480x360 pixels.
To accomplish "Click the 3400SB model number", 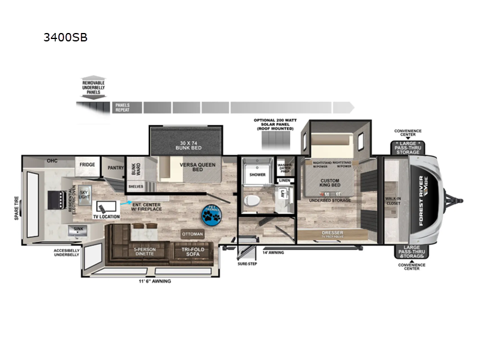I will (x=65, y=37).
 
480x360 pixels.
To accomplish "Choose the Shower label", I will (x=257, y=175).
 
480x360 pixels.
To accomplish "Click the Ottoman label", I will (x=193, y=233).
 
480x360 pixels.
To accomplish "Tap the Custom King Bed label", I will (x=329, y=184).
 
